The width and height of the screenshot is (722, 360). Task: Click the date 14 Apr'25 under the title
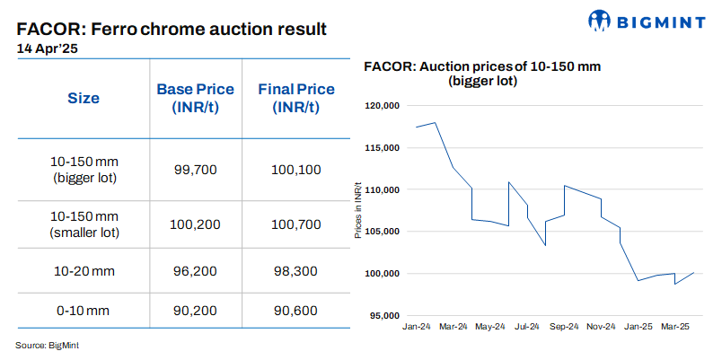(46, 49)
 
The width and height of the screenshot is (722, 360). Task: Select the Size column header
(84, 98)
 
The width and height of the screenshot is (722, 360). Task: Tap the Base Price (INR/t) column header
(195, 98)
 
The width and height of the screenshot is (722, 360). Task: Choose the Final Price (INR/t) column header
(295, 98)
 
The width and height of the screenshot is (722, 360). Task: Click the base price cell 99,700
(195, 169)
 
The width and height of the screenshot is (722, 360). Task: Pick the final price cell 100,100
(295, 169)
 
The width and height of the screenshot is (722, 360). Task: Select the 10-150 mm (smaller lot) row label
(84, 225)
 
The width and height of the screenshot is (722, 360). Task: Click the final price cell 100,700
(295, 225)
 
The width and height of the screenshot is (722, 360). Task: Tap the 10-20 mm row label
(84, 268)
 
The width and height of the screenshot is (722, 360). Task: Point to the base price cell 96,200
(195, 268)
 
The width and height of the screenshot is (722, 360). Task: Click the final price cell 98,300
(295, 268)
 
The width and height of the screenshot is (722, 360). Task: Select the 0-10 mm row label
(84, 310)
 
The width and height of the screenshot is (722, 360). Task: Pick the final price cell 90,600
(295, 310)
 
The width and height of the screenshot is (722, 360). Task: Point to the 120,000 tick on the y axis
(382, 106)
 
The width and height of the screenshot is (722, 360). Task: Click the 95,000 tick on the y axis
(383, 315)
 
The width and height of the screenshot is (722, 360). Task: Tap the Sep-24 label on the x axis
(564, 328)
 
